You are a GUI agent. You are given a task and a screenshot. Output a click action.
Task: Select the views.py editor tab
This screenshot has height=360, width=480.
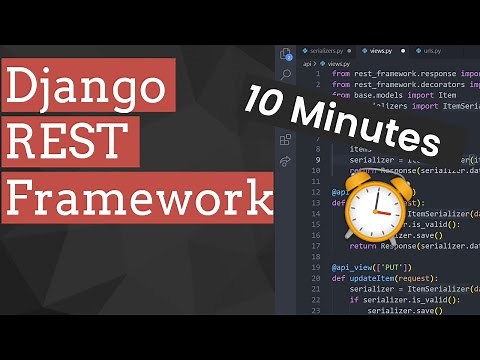(x=381, y=49)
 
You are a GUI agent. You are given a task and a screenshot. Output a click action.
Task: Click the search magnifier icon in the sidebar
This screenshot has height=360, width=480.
(x=286, y=75)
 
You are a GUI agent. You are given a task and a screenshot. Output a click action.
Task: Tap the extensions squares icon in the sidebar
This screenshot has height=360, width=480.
(x=286, y=139)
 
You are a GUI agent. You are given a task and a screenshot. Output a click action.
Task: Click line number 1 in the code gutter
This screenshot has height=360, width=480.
(x=317, y=73)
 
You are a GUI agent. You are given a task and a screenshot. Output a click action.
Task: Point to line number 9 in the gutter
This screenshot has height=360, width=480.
(x=317, y=159)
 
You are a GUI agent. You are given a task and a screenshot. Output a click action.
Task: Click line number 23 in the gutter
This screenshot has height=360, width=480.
(x=315, y=311)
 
